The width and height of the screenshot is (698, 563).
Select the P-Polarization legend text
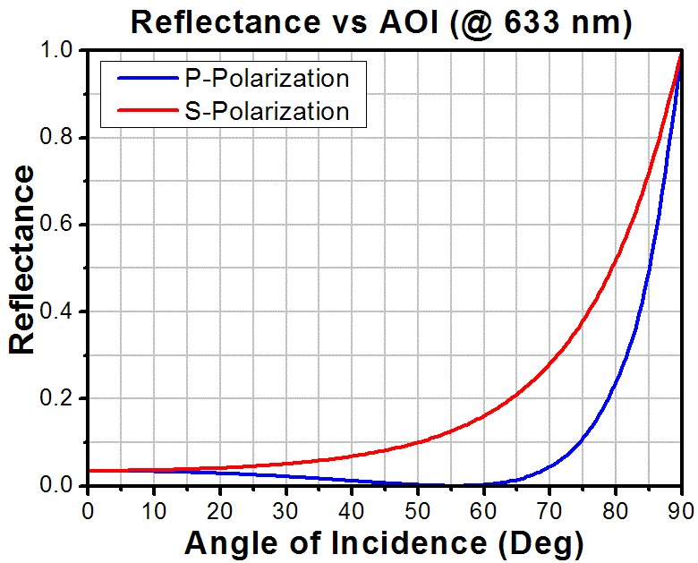click(267, 79)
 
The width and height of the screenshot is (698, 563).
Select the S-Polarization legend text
click(267, 112)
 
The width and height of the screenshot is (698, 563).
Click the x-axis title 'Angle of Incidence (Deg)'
click(384, 542)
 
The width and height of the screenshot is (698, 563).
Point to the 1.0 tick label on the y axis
click(60, 52)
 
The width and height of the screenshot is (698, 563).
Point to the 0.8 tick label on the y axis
click(60, 139)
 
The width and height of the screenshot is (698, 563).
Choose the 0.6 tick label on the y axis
click(60, 226)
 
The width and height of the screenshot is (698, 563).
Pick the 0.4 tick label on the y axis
click(60, 312)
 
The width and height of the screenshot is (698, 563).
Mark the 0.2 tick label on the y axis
click(60, 399)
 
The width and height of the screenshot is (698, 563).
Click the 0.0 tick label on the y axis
click(60, 486)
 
